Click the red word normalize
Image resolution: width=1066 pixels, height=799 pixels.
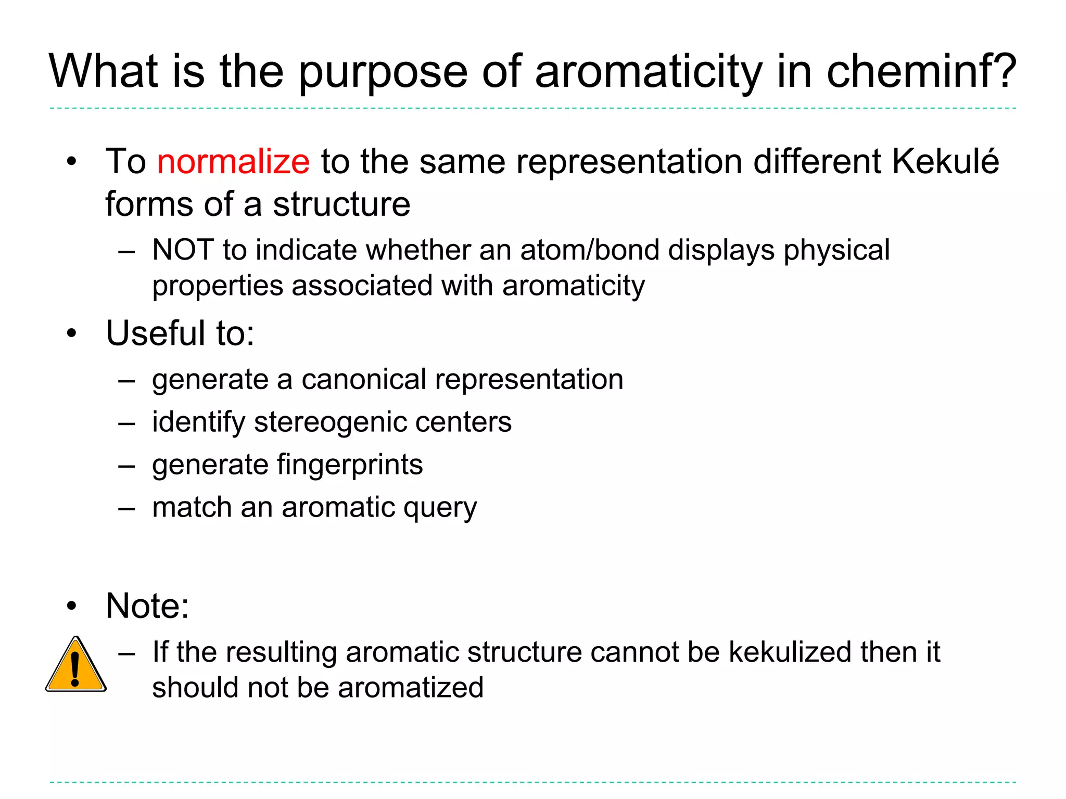[x=233, y=161]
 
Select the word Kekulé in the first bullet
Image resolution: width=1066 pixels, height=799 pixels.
[x=945, y=161]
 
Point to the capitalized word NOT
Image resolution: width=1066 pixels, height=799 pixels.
[x=183, y=250]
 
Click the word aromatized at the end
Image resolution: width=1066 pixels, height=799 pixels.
[x=411, y=688]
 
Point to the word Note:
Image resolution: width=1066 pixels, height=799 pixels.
[x=147, y=606]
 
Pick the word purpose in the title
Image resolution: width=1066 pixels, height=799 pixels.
[x=383, y=73]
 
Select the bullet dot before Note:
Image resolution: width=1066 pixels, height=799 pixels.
[x=71, y=606]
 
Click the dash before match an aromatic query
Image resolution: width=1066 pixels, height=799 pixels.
[x=126, y=508]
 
